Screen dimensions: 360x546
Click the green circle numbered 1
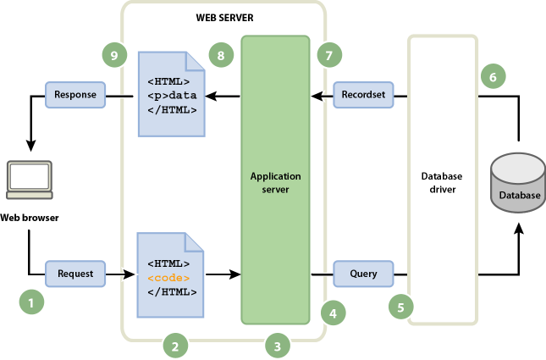[32, 300]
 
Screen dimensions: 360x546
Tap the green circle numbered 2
[175, 345]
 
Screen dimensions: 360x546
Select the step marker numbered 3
[278, 345]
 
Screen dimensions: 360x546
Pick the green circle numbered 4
[334, 313]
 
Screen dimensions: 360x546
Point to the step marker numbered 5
[401, 307]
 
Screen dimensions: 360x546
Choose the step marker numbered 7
[328, 56]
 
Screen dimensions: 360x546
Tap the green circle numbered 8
[220, 56]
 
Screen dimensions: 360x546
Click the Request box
[75, 274]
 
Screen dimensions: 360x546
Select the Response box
[75, 95]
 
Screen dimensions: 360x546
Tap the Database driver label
[442, 182]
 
